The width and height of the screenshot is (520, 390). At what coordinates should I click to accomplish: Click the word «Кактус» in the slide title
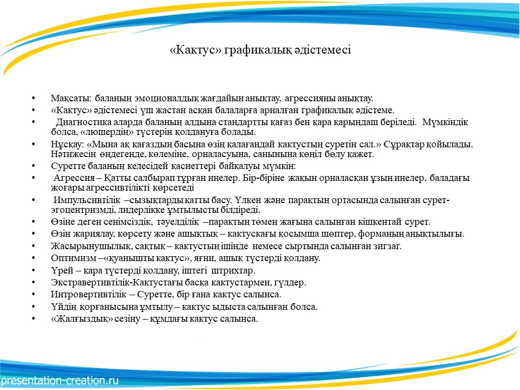195,50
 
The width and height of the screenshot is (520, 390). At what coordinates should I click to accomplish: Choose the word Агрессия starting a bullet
74,178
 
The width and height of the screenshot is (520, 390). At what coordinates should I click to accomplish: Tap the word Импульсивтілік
87,200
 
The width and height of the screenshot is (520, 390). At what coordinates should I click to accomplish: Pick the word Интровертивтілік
88,295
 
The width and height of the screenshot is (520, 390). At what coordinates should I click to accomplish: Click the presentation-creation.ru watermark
60,380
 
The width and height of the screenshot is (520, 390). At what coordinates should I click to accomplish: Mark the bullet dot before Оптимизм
34,258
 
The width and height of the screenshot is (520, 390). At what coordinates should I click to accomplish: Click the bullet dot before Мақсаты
34,98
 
